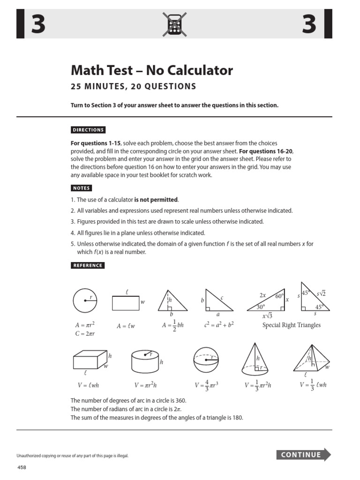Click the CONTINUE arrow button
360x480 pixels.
[x=304, y=455]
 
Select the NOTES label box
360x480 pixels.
[x=81, y=188]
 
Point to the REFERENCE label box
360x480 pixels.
[x=87, y=265]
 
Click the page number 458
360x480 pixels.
[x=23, y=468]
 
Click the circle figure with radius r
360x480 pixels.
[x=85, y=300]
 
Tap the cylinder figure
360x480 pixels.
[x=145, y=361]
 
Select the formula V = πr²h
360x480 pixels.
[x=149, y=385]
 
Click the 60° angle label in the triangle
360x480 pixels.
[x=280, y=296]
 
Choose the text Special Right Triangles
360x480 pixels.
[x=291, y=325]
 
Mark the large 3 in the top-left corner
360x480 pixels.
[x=38, y=24]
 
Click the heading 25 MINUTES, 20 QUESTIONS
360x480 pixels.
[x=133, y=87]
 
